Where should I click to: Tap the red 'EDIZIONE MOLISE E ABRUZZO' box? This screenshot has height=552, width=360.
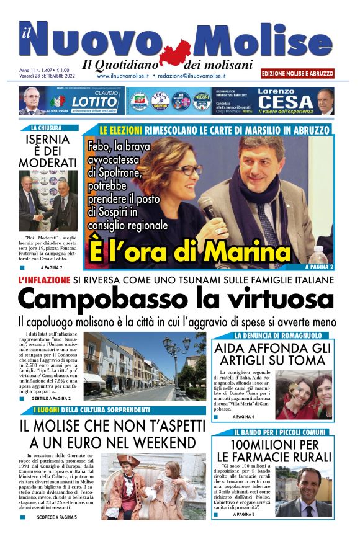coord(297,73)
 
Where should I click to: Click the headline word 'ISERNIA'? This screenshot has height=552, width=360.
coord(47,140)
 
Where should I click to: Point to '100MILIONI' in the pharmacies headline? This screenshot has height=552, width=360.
coord(266,444)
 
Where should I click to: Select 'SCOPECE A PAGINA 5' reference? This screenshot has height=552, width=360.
coord(56,516)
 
